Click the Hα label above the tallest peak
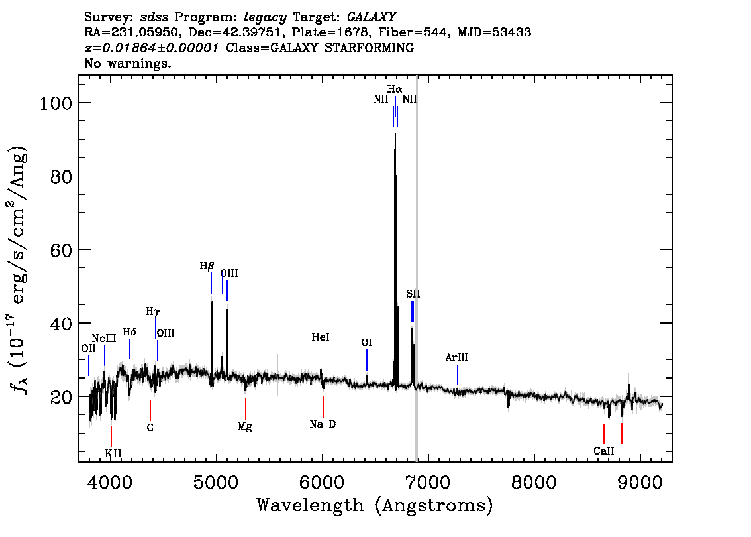(395, 89)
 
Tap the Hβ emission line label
(207, 266)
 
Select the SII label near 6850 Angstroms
(413, 294)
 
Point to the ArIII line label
(457, 358)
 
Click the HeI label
(321, 338)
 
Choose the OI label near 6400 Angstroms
(366, 343)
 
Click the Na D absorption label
(323, 424)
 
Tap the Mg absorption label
(244, 427)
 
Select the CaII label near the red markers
(604, 451)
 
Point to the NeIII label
(104, 339)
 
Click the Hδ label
(129, 332)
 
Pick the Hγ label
(153, 311)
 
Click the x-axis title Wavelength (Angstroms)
(375, 505)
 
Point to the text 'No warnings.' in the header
(128, 64)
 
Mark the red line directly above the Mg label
(245, 408)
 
